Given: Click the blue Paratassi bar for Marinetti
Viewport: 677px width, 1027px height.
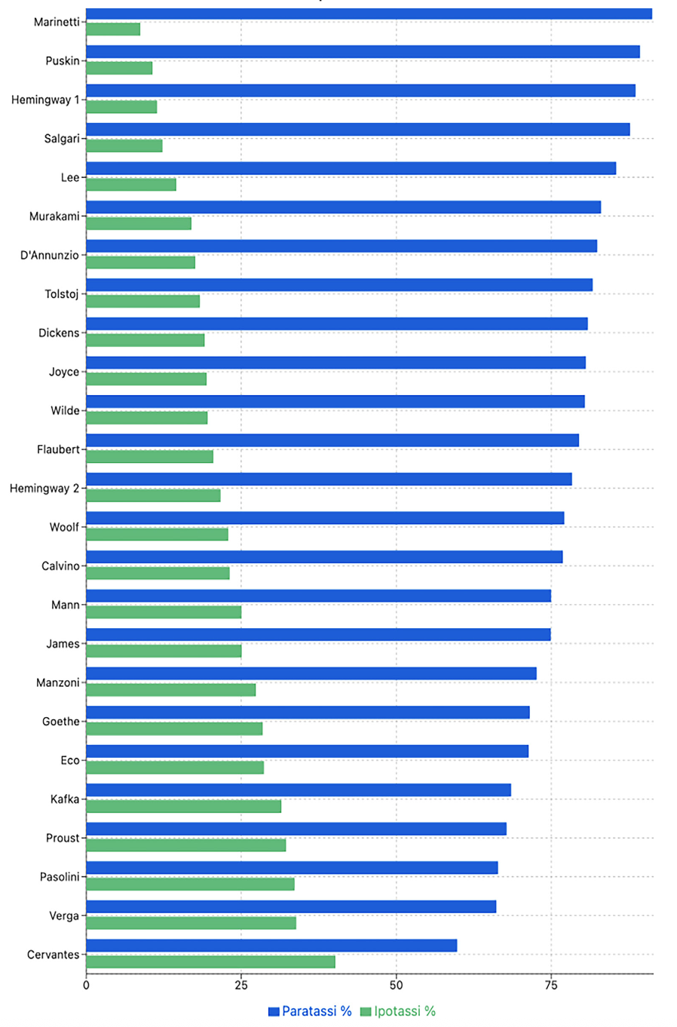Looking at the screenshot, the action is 369,14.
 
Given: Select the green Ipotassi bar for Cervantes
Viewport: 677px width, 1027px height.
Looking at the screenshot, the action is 210,962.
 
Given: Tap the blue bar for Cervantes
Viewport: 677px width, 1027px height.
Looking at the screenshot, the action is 271,946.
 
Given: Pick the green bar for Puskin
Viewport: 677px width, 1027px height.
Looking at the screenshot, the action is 119,68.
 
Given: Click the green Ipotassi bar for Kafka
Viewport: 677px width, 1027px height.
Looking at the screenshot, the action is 183,807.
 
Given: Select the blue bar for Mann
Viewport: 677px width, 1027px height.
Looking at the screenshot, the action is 319,596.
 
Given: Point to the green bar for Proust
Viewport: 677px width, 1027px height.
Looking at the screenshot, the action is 185,845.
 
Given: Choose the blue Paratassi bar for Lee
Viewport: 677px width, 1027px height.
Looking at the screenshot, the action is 351,168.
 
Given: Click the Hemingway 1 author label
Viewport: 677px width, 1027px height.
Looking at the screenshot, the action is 45,100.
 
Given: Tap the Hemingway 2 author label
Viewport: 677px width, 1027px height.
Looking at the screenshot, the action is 44,489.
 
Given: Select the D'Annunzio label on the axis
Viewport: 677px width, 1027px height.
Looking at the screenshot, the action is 50,255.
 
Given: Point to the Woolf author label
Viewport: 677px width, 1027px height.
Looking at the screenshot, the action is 64,527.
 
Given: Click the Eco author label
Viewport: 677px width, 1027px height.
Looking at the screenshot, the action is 70,760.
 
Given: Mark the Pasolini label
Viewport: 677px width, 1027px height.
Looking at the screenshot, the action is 60,877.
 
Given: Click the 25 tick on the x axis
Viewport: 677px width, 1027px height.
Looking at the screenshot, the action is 241,985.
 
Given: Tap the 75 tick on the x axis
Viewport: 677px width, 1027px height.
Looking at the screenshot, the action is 551,985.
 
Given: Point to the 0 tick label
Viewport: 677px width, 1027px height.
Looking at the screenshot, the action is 86,985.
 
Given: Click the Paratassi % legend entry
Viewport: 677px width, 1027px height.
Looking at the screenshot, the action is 310,1011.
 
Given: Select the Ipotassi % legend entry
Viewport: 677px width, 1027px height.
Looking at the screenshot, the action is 398,1011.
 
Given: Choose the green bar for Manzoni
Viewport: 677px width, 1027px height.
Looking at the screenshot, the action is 170,689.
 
